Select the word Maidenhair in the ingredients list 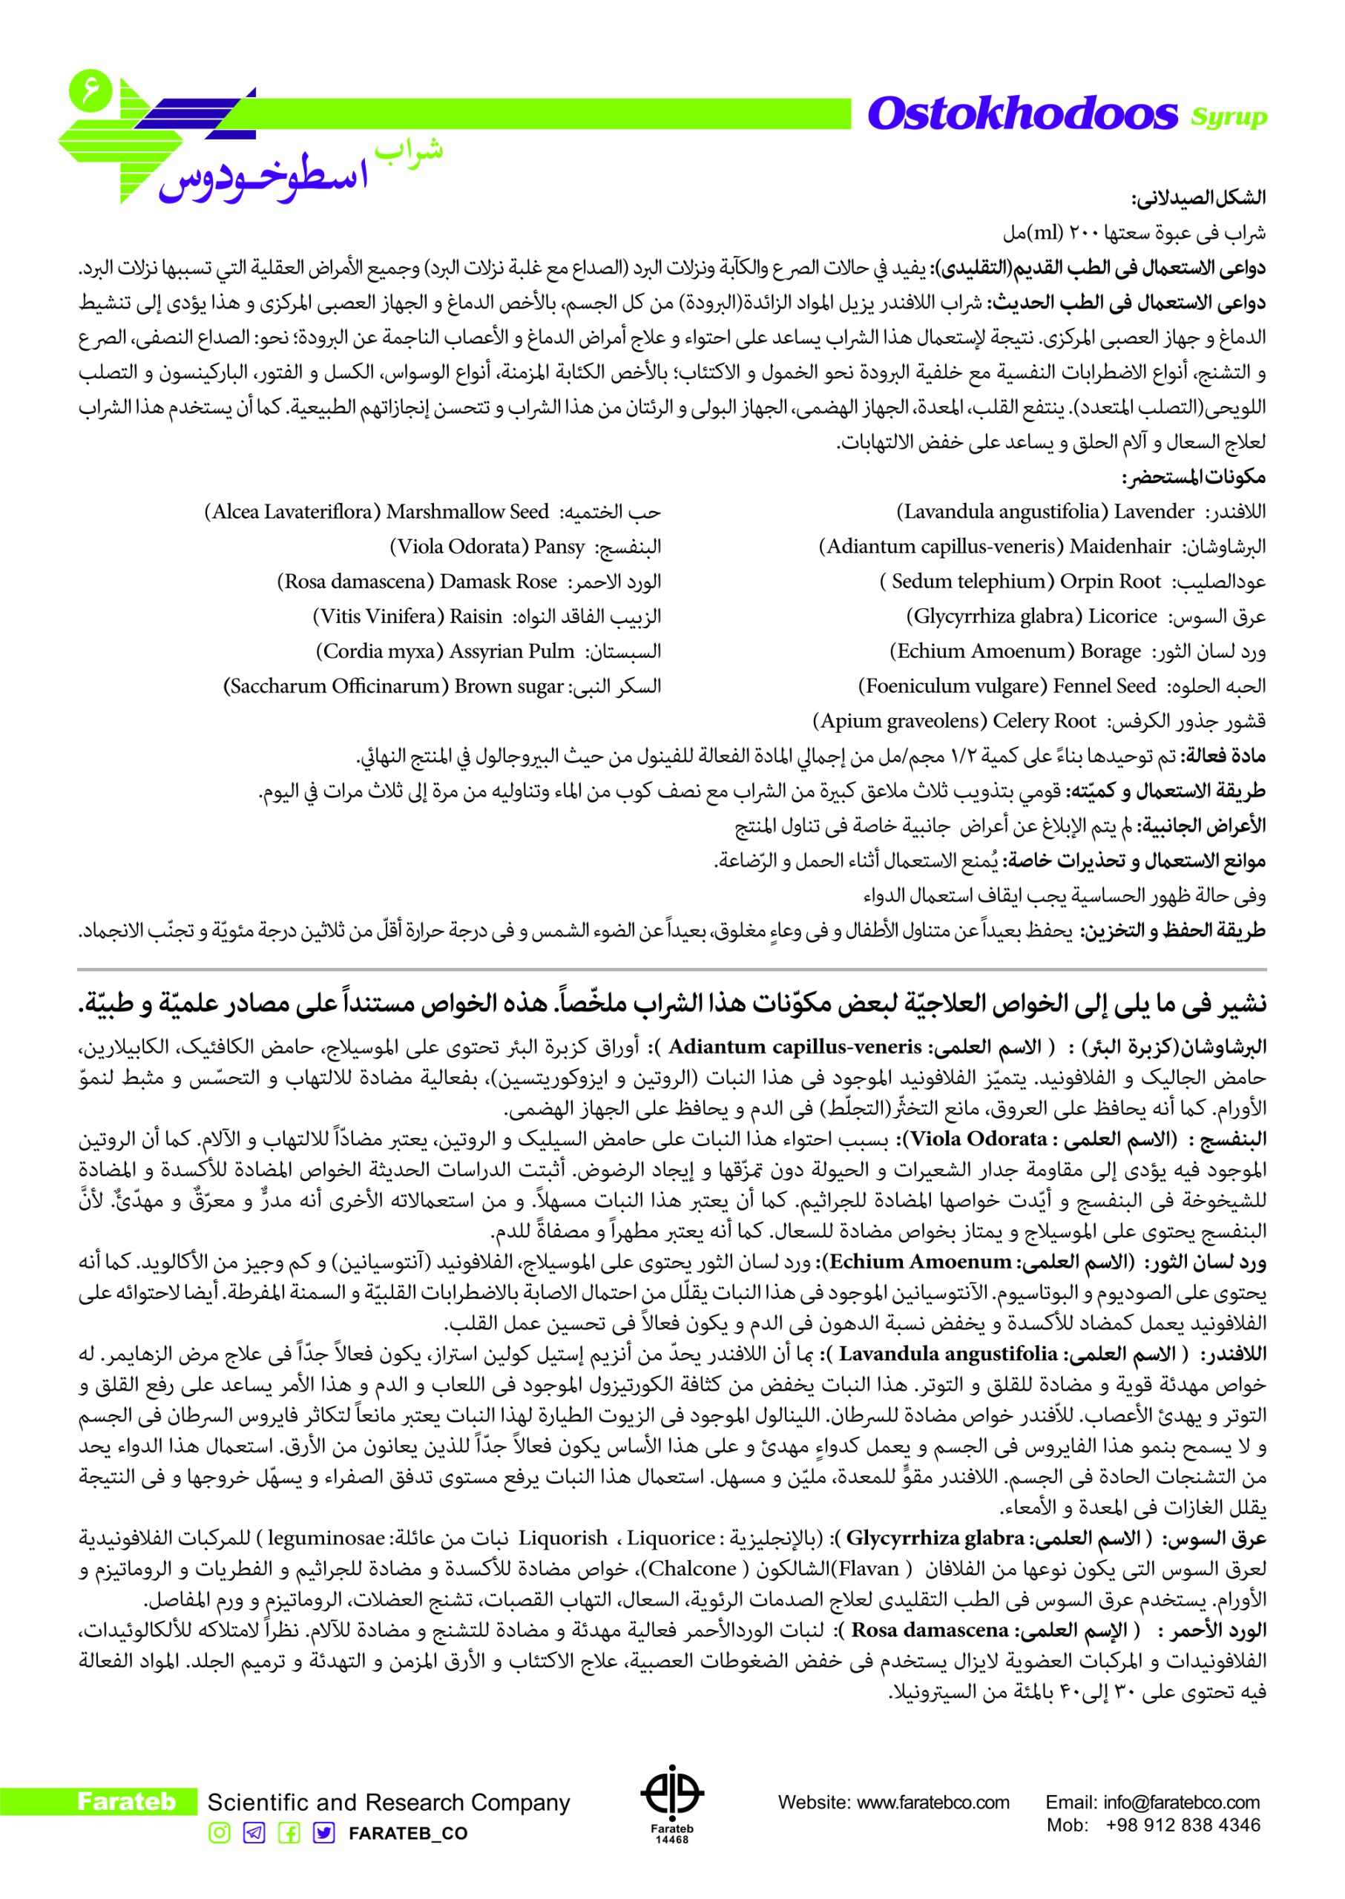1120,547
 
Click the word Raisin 476,616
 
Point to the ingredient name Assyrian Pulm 512,651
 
